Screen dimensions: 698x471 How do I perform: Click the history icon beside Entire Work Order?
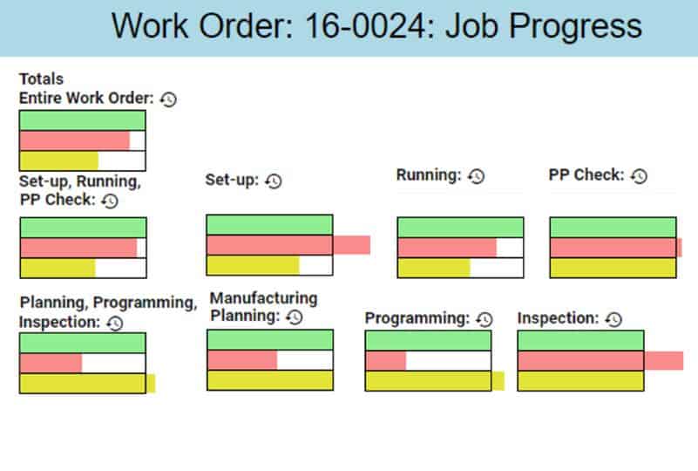click(x=168, y=99)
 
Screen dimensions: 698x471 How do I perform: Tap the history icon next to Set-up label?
click(x=274, y=181)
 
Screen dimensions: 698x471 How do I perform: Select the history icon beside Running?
click(x=476, y=176)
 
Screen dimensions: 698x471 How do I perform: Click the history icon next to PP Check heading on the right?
click(x=639, y=176)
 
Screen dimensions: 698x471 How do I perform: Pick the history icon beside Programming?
click(x=485, y=319)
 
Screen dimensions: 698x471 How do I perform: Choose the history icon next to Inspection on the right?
click(x=613, y=319)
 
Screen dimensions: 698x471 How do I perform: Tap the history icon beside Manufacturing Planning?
click(x=295, y=317)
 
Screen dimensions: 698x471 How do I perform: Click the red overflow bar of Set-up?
click(x=352, y=245)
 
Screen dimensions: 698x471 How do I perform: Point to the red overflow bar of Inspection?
click(x=664, y=360)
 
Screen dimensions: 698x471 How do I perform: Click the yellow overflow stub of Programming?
click(x=498, y=381)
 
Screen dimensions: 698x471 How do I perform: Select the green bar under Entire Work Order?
click(x=83, y=120)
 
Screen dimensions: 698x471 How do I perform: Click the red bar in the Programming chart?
click(x=386, y=361)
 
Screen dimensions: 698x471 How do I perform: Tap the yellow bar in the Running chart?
click(x=434, y=268)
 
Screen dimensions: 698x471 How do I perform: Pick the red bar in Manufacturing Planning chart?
click(x=242, y=360)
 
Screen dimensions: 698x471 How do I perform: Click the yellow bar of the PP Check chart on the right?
click(x=613, y=268)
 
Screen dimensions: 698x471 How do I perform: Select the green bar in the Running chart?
click(x=460, y=228)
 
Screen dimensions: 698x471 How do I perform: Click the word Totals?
click(x=42, y=78)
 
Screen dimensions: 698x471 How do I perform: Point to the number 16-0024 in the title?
click(x=365, y=26)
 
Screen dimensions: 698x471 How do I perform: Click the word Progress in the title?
click(x=575, y=27)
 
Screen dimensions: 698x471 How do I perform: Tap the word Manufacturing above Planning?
click(x=263, y=298)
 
